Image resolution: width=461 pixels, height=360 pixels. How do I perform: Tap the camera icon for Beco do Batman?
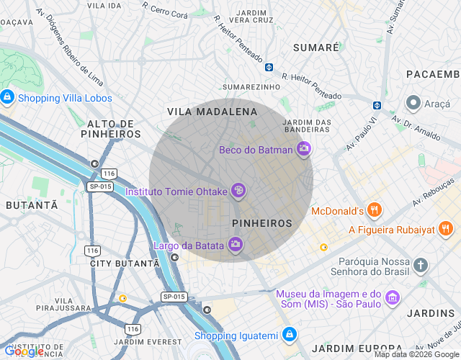304,149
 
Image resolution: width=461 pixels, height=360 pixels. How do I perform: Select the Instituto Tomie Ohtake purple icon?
238,191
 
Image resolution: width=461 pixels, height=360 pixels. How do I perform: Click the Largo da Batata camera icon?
236,246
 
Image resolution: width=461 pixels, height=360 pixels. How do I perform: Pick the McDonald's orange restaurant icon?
374,211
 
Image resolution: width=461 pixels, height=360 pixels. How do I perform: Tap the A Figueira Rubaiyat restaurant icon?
446,230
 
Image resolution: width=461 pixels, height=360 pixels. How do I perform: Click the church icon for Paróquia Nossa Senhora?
421,265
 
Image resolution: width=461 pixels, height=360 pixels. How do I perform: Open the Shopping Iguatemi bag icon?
289,335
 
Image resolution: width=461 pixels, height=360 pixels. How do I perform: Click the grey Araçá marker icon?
413,103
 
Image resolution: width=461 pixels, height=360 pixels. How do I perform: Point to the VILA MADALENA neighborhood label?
212,112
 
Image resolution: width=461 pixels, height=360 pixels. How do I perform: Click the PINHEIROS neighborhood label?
262,223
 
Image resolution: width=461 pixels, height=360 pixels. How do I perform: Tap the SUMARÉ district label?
316,48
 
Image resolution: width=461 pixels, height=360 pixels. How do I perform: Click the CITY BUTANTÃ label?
124,264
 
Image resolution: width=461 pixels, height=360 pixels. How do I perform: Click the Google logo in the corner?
23,351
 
